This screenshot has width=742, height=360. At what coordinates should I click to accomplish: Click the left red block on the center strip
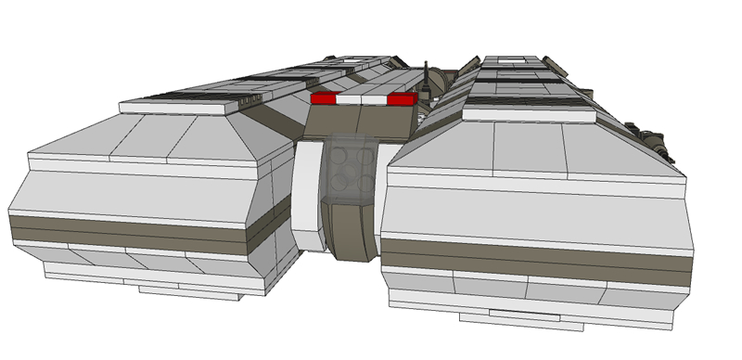tap(323, 97)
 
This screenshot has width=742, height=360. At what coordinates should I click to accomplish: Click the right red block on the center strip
tap(402, 98)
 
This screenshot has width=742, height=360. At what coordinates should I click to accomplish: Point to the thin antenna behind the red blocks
tap(426, 79)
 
